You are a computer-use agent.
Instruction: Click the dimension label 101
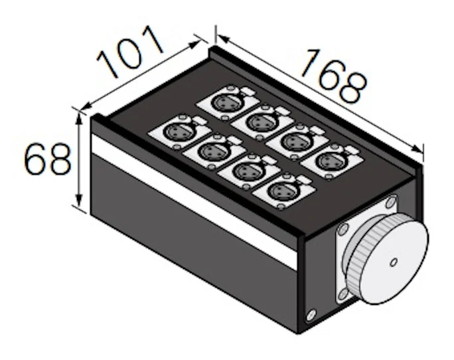[129, 52]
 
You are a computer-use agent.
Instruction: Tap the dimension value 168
[334, 76]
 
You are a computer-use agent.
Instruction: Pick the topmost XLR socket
[228, 102]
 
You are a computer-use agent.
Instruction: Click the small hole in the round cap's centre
[394, 262]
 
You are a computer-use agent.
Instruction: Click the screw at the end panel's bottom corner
[311, 315]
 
